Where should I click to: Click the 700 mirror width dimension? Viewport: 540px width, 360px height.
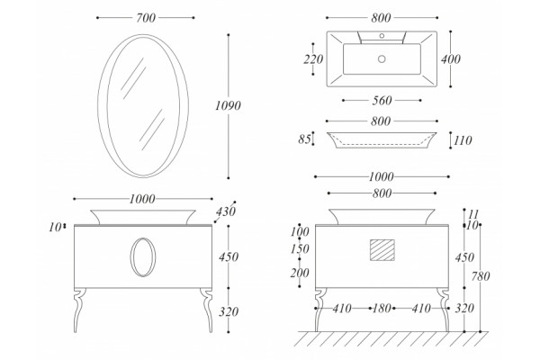coord(146,18)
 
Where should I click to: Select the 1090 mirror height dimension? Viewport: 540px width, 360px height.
coord(228,105)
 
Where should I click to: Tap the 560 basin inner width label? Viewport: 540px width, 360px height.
coord(382,100)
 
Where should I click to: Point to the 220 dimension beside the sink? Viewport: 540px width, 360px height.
coord(313,59)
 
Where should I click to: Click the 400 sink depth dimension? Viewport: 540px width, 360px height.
coord(451,59)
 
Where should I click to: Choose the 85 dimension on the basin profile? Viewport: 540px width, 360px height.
coord(304,139)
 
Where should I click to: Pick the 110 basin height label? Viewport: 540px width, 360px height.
coord(463,140)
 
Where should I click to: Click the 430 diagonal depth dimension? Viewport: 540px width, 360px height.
coord(226,211)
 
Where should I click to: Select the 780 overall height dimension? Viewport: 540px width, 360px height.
coord(481,276)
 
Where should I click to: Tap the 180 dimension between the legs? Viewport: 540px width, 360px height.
coord(382,309)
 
